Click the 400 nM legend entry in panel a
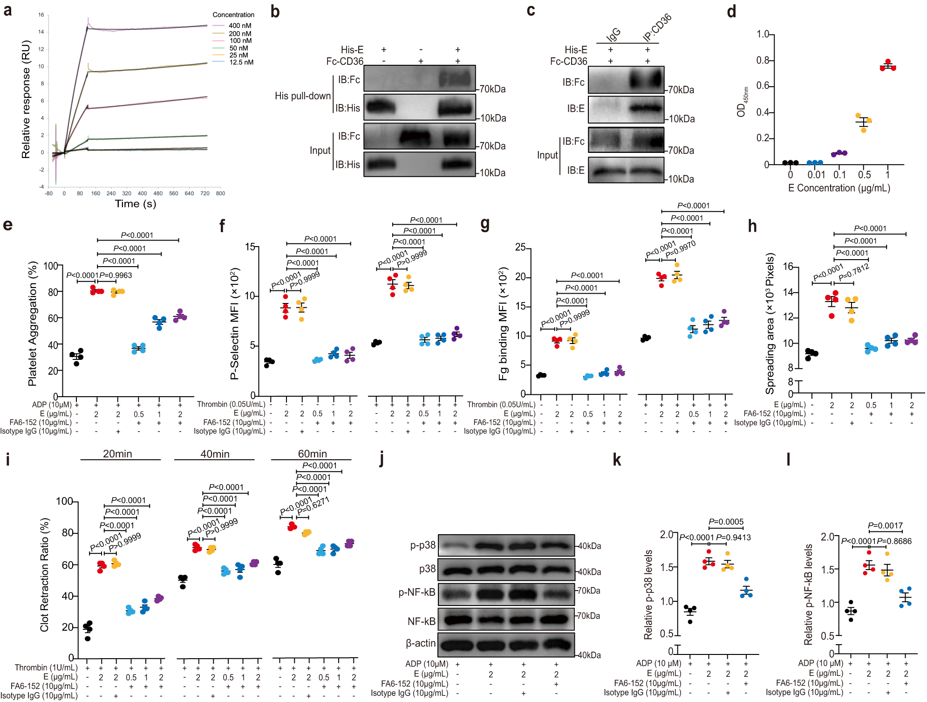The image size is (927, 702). pyautogui.click(x=239, y=26)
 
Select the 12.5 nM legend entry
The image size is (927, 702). pyautogui.click(x=241, y=62)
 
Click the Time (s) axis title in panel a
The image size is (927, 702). pyautogui.click(x=136, y=204)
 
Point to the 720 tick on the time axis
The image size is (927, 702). pyautogui.click(x=205, y=193)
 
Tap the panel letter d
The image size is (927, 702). pyautogui.click(x=731, y=11)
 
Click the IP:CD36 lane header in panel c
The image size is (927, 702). pyautogui.click(x=657, y=28)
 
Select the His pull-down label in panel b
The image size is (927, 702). pyautogui.click(x=302, y=96)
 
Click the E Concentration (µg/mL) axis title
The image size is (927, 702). pyautogui.click(x=839, y=188)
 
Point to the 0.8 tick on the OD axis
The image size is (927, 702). pyautogui.click(x=763, y=60)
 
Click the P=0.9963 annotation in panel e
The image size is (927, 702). pyautogui.click(x=116, y=275)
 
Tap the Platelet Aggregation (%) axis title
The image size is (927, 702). pyautogui.click(x=32, y=323)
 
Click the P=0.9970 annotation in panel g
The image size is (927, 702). pyautogui.click(x=680, y=250)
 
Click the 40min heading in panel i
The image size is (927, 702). pyautogui.click(x=215, y=454)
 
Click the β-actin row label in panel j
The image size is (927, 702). pyautogui.click(x=421, y=643)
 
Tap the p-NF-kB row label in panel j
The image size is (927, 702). pyautogui.click(x=416, y=592)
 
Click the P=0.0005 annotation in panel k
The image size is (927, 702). pyautogui.click(x=726, y=522)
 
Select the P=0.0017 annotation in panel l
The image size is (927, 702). pyautogui.click(x=885, y=526)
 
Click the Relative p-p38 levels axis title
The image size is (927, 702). pyautogui.click(x=648, y=594)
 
